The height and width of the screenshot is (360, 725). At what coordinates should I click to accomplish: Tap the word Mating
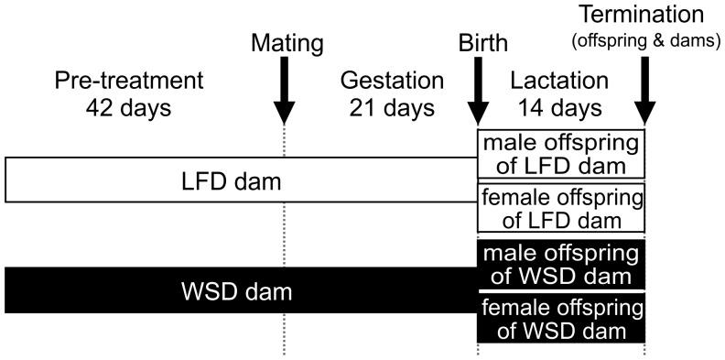[x=286, y=43]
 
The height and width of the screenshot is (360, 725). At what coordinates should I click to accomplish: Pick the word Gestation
[x=391, y=81]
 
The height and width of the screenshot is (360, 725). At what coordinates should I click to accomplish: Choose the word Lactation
[x=561, y=81]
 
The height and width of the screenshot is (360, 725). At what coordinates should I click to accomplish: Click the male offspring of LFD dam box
[x=561, y=153]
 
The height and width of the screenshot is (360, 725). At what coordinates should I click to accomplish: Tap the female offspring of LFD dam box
[x=561, y=208]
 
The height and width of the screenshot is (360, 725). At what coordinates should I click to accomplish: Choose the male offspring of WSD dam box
[x=561, y=264]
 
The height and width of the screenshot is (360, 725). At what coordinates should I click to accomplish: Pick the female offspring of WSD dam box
[x=561, y=317]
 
